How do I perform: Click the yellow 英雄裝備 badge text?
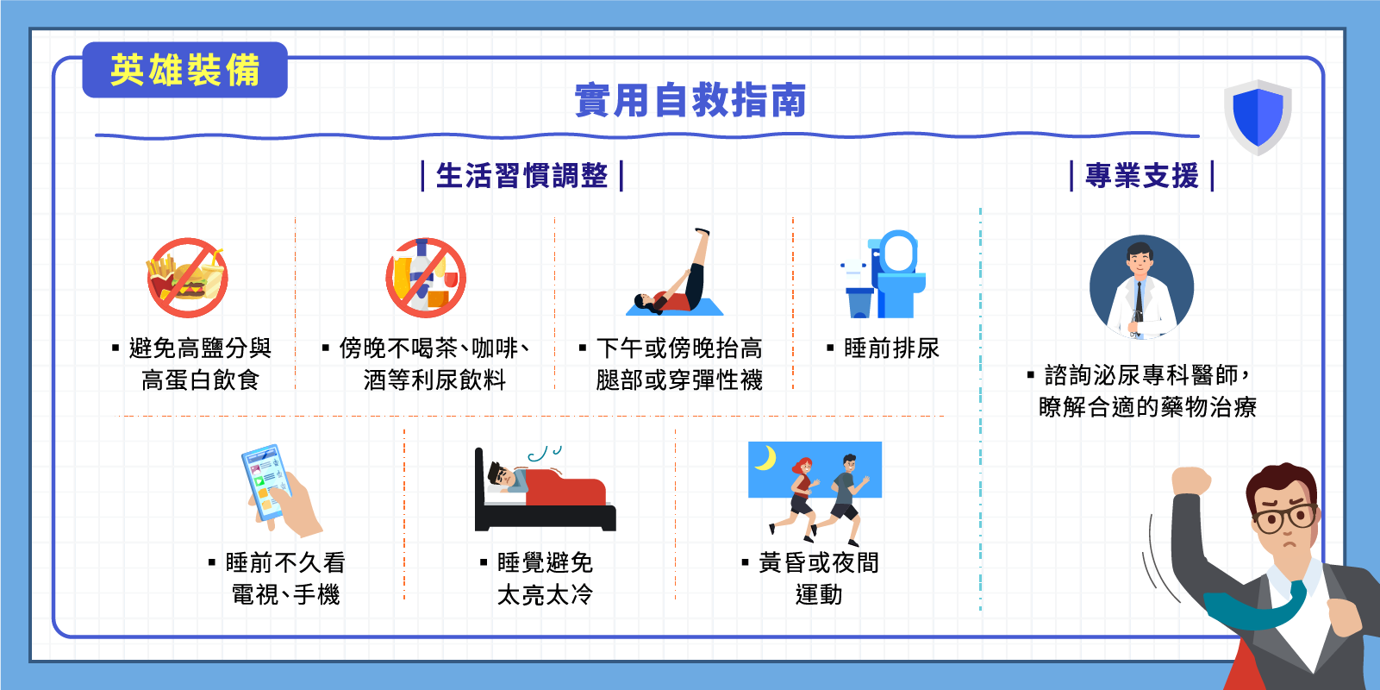(x=184, y=70)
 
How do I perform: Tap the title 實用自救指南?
(x=690, y=100)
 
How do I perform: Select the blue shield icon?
(x=1258, y=117)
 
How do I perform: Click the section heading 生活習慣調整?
(x=521, y=176)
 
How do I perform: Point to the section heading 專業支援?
(x=1141, y=176)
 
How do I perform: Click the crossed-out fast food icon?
(x=187, y=278)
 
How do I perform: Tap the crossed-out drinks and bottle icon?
(x=426, y=278)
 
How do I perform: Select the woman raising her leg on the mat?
(x=675, y=273)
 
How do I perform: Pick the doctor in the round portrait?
(x=1141, y=287)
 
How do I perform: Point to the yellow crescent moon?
(x=766, y=458)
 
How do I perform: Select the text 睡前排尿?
(x=891, y=348)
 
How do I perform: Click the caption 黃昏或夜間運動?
(x=818, y=579)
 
